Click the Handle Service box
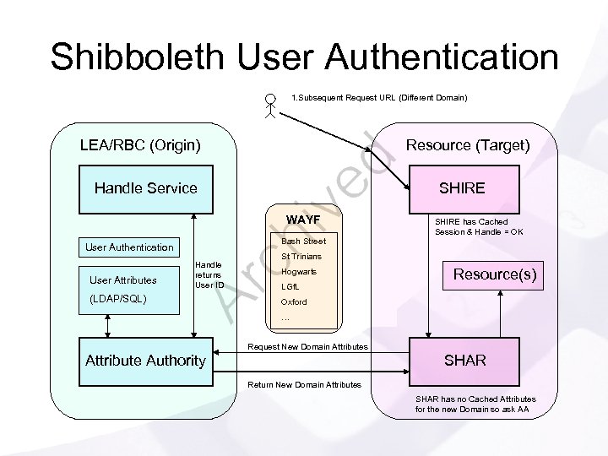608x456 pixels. [x=145, y=187]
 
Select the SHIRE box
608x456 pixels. [x=461, y=187]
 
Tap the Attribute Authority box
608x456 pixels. [x=145, y=361]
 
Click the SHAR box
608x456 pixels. [x=464, y=361]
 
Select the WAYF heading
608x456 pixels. [x=303, y=220]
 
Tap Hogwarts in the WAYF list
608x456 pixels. [x=299, y=272]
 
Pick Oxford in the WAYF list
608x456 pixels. [x=294, y=302]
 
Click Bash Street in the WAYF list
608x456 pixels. [x=303, y=242]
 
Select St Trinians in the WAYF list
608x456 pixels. [x=301, y=257]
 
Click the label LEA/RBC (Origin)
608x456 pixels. [x=139, y=145]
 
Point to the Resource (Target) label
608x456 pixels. [x=468, y=145]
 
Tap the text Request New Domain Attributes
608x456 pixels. [x=307, y=347]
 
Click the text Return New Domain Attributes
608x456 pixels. [x=305, y=385]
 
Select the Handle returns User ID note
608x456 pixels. [x=209, y=274]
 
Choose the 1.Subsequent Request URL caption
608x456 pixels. [x=379, y=98]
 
